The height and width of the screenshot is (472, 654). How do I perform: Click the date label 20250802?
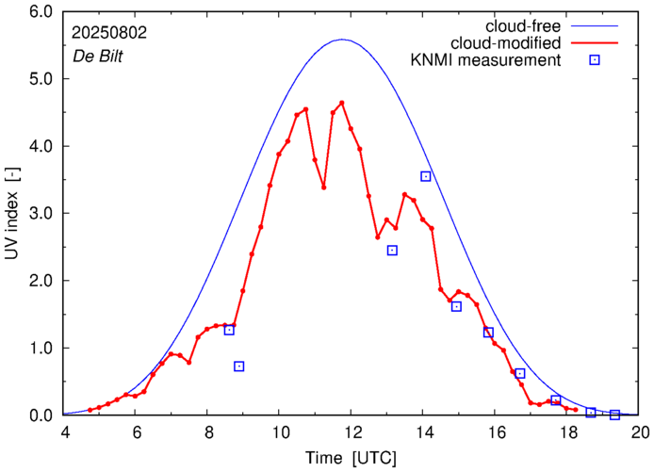click(x=109, y=31)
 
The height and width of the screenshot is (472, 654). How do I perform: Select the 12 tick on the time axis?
click(x=352, y=432)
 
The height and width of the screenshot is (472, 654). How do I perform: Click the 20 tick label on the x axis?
click(x=640, y=432)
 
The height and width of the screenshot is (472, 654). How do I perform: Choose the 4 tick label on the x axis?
click(x=65, y=432)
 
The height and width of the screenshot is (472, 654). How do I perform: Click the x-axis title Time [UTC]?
click(x=352, y=457)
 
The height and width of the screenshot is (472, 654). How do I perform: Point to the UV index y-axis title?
click(x=12, y=214)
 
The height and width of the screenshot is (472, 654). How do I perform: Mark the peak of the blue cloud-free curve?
click(x=343, y=40)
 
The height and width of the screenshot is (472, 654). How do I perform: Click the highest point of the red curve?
click(x=341, y=103)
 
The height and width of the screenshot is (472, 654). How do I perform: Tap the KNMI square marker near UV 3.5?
click(x=426, y=176)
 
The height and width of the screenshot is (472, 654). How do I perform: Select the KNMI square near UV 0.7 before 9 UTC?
click(x=239, y=366)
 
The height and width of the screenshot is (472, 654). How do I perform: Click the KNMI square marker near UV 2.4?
click(x=392, y=250)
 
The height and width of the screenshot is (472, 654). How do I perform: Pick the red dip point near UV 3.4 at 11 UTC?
click(x=323, y=187)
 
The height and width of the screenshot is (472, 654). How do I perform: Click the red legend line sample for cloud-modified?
click(x=595, y=43)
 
